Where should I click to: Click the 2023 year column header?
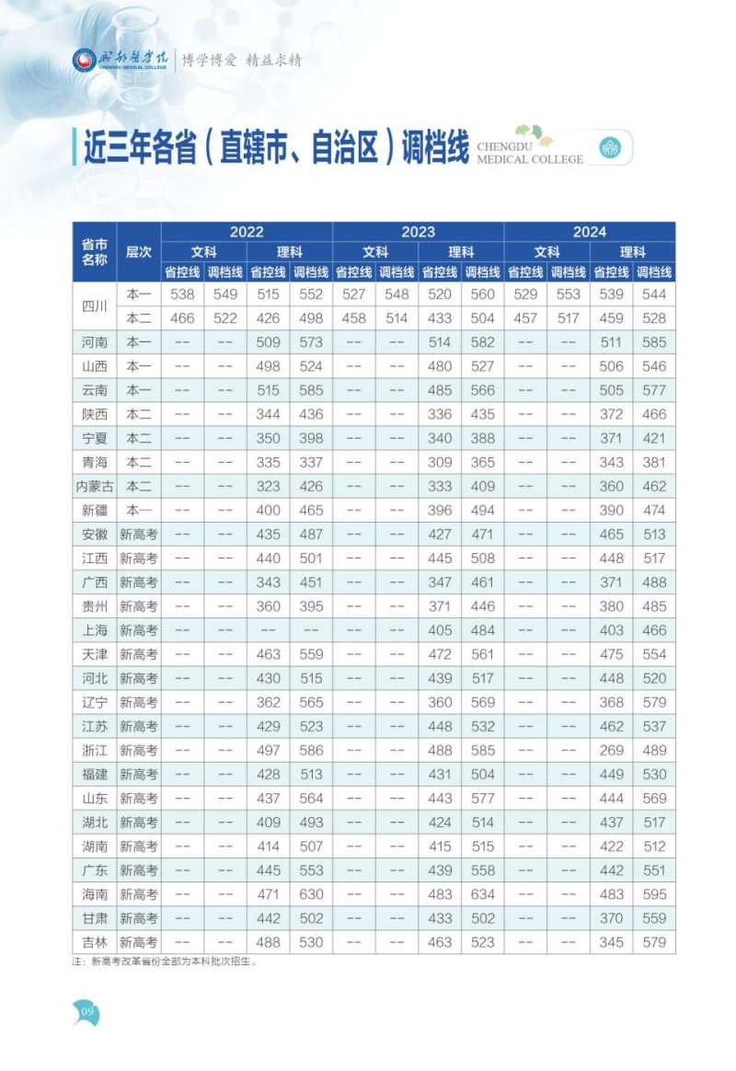pos(418,232)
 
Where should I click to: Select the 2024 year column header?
pos(590,232)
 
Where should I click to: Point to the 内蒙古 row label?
pos(95,487)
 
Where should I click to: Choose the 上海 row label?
pos(95,630)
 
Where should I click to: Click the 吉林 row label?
pos(95,942)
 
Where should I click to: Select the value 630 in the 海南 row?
pos(311,894)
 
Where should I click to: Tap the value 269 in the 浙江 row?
pos(611,750)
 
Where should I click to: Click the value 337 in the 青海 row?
pos(311,463)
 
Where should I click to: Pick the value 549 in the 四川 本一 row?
pos(224,294)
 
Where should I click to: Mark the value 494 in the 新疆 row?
pos(483,511)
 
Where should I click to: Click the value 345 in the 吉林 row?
pos(611,942)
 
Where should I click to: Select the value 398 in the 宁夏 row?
pos(311,439)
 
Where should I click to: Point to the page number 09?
pos(88,1012)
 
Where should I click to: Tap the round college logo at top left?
pos(84,61)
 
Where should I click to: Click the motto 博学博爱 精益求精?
pos(241,61)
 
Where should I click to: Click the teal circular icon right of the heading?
pos(610,147)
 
